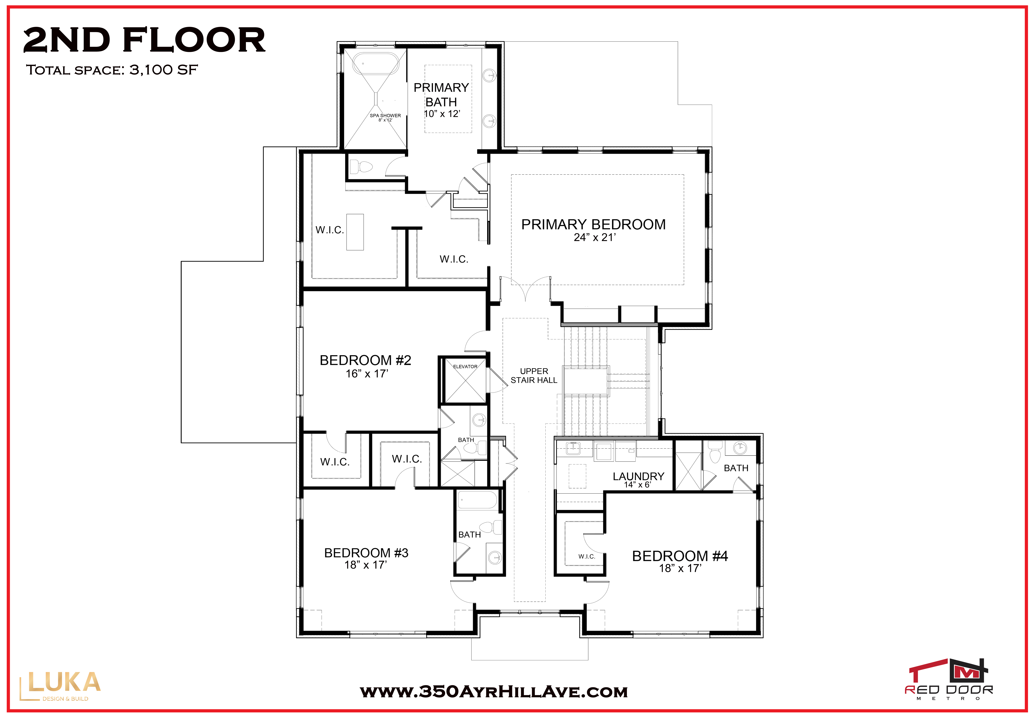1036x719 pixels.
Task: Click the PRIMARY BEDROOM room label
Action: pos(593,224)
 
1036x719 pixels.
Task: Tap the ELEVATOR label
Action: pos(465,367)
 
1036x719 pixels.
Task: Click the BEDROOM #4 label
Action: pos(680,556)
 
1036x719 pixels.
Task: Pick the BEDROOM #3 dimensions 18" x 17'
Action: pos(366,565)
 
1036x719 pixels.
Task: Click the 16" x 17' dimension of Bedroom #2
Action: pos(367,374)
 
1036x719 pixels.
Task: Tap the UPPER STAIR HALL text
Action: pos(534,376)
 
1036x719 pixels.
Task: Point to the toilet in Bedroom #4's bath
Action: pos(715,452)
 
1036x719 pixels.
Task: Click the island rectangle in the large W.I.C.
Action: pos(355,232)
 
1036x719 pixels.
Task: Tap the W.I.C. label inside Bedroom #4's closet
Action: pos(586,556)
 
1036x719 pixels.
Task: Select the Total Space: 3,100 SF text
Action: pos(112,70)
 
